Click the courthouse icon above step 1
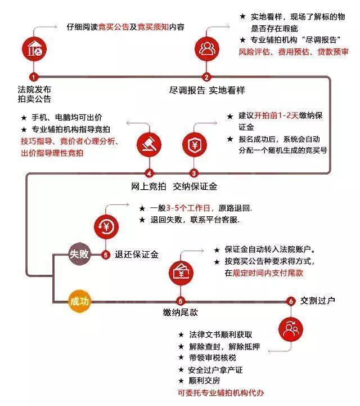tap(34, 49)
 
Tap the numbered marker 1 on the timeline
tap(34, 77)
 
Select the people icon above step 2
tap(206, 49)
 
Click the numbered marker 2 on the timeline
tap(206, 77)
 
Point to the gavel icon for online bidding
tap(149, 145)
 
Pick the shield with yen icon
tap(195, 145)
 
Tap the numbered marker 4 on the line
tap(149, 173)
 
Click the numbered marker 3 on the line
tap(194, 173)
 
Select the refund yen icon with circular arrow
tap(106, 227)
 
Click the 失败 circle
tap(79, 254)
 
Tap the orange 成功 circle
tap(79, 301)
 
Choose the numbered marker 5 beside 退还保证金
tap(106, 255)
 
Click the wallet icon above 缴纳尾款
tap(181, 273)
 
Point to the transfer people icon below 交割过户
tap(291, 329)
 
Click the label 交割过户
tap(318, 301)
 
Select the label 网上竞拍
tap(148, 186)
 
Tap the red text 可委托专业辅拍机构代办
tap(221, 393)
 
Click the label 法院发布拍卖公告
tap(34, 94)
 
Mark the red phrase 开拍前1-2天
tap(276, 115)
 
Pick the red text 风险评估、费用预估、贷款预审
tap(294, 52)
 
